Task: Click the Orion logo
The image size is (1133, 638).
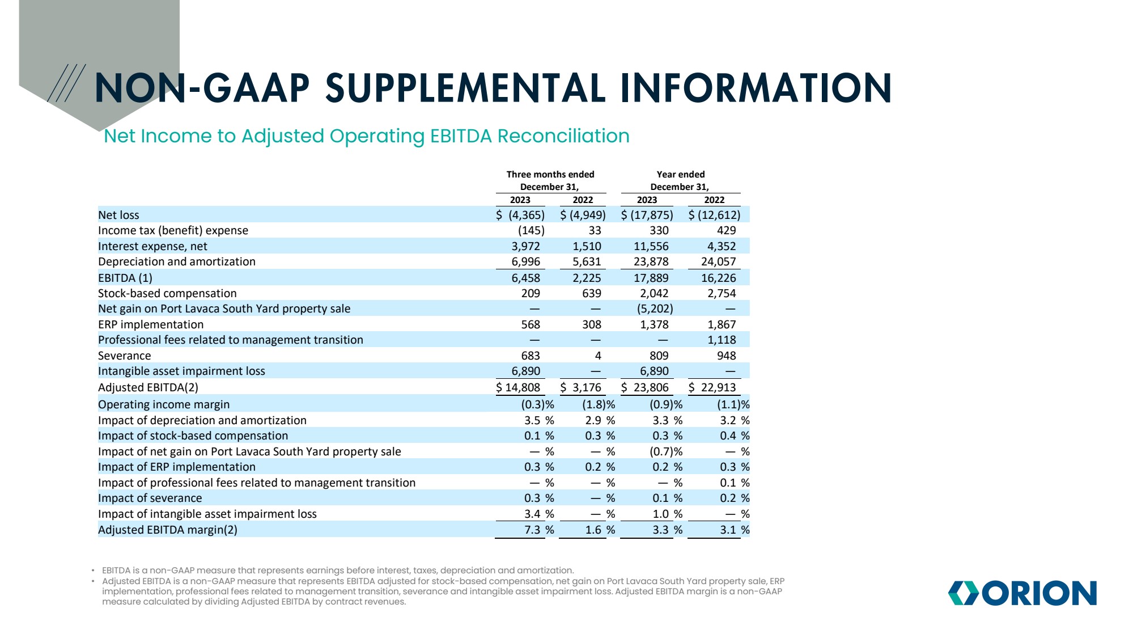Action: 1022,593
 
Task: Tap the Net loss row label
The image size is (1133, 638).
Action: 118,215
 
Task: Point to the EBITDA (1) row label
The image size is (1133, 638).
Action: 125,278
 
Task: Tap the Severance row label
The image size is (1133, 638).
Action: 125,356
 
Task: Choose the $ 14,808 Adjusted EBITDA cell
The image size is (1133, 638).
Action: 518,387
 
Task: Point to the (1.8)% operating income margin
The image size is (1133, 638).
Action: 598,404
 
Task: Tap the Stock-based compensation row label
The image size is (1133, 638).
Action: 167,293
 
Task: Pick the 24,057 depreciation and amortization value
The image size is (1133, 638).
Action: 718,261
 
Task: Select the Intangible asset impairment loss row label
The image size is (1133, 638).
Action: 181,371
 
